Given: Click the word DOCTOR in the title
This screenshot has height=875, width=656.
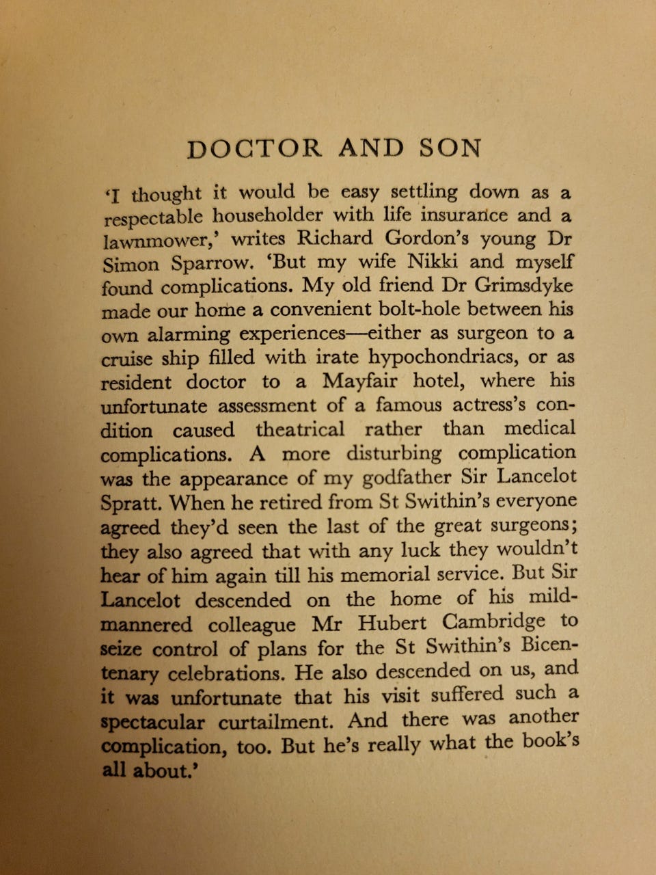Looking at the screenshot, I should click(254, 148).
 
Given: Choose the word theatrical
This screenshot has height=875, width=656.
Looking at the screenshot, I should click(300, 429).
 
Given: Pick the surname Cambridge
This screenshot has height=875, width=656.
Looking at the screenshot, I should click(494, 622).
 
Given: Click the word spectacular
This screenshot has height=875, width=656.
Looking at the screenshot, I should click(152, 723).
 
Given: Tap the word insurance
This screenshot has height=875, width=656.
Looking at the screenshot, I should click(464, 215).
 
